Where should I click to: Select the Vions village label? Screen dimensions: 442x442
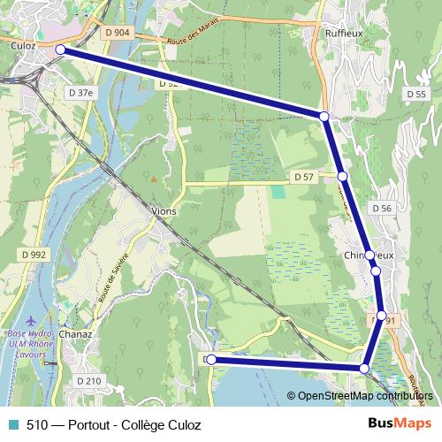coord(164,211)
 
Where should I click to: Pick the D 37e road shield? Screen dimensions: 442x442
coord(80,91)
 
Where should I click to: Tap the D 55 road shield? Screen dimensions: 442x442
coord(416,94)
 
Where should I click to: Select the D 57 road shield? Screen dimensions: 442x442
coord(302,177)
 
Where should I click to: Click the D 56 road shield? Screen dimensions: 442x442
coord(382,208)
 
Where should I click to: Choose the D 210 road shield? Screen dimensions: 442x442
coord(89,381)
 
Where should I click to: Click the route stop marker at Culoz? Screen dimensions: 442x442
coord(61,50)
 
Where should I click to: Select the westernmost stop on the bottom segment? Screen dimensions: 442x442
coord(211,360)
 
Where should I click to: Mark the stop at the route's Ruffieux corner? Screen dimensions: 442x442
coord(325,116)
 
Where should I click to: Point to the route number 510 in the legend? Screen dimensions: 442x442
coord(36,424)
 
